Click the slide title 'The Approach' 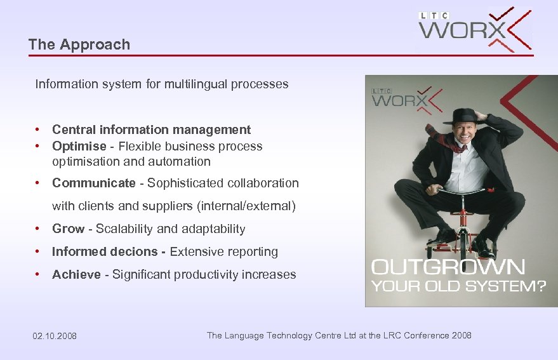[79, 44]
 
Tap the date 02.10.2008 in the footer [55, 336]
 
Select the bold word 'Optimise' [79, 146]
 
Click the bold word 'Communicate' [93, 183]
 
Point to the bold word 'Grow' [68, 229]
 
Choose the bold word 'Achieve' [76, 274]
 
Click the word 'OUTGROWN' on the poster [448, 267]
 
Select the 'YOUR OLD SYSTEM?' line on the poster [458, 286]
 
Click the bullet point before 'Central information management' [39, 130]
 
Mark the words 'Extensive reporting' [223, 251]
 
